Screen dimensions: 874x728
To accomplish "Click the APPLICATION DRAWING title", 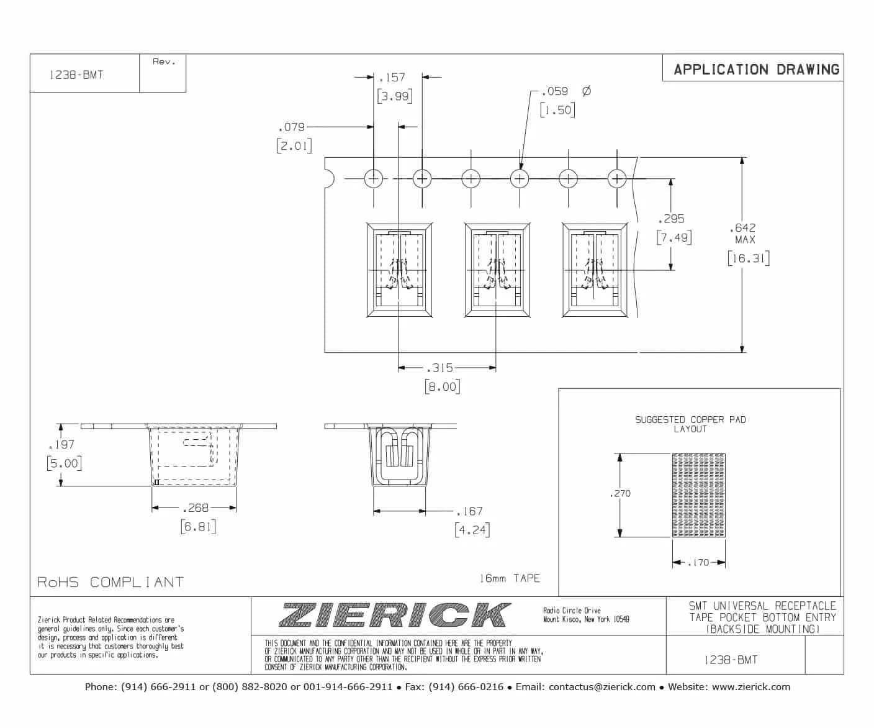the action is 757,69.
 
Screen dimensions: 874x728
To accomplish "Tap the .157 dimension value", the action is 392,78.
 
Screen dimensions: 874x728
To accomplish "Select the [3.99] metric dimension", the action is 395,96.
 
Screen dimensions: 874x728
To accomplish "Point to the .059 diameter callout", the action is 554,91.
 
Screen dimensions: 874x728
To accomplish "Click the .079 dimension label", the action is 292,127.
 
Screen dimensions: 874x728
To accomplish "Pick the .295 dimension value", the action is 671,219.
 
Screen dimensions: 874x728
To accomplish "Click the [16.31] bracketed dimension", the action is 749,258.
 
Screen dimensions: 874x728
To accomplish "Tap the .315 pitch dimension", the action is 439,368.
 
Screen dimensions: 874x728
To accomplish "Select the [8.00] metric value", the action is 443,386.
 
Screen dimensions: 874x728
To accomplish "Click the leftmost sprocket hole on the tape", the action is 374,179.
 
